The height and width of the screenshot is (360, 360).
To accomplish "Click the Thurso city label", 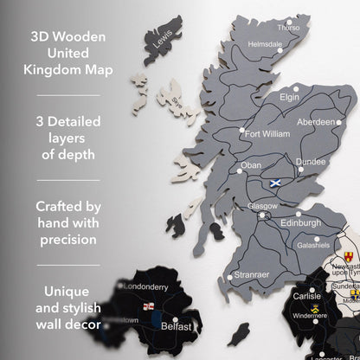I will click(x=289, y=28).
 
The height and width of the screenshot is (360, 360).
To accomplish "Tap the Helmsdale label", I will click(x=265, y=43).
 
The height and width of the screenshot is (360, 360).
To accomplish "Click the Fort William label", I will click(x=267, y=134).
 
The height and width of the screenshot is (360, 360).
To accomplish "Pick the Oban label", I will click(x=250, y=164).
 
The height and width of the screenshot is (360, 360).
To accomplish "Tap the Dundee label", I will click(x=310, y=161).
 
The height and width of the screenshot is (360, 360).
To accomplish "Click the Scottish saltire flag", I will click(x=275, y=183).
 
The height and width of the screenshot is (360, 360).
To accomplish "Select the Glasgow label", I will click(x=262, y=206).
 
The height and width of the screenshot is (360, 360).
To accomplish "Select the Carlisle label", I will click(x=306, y=295).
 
